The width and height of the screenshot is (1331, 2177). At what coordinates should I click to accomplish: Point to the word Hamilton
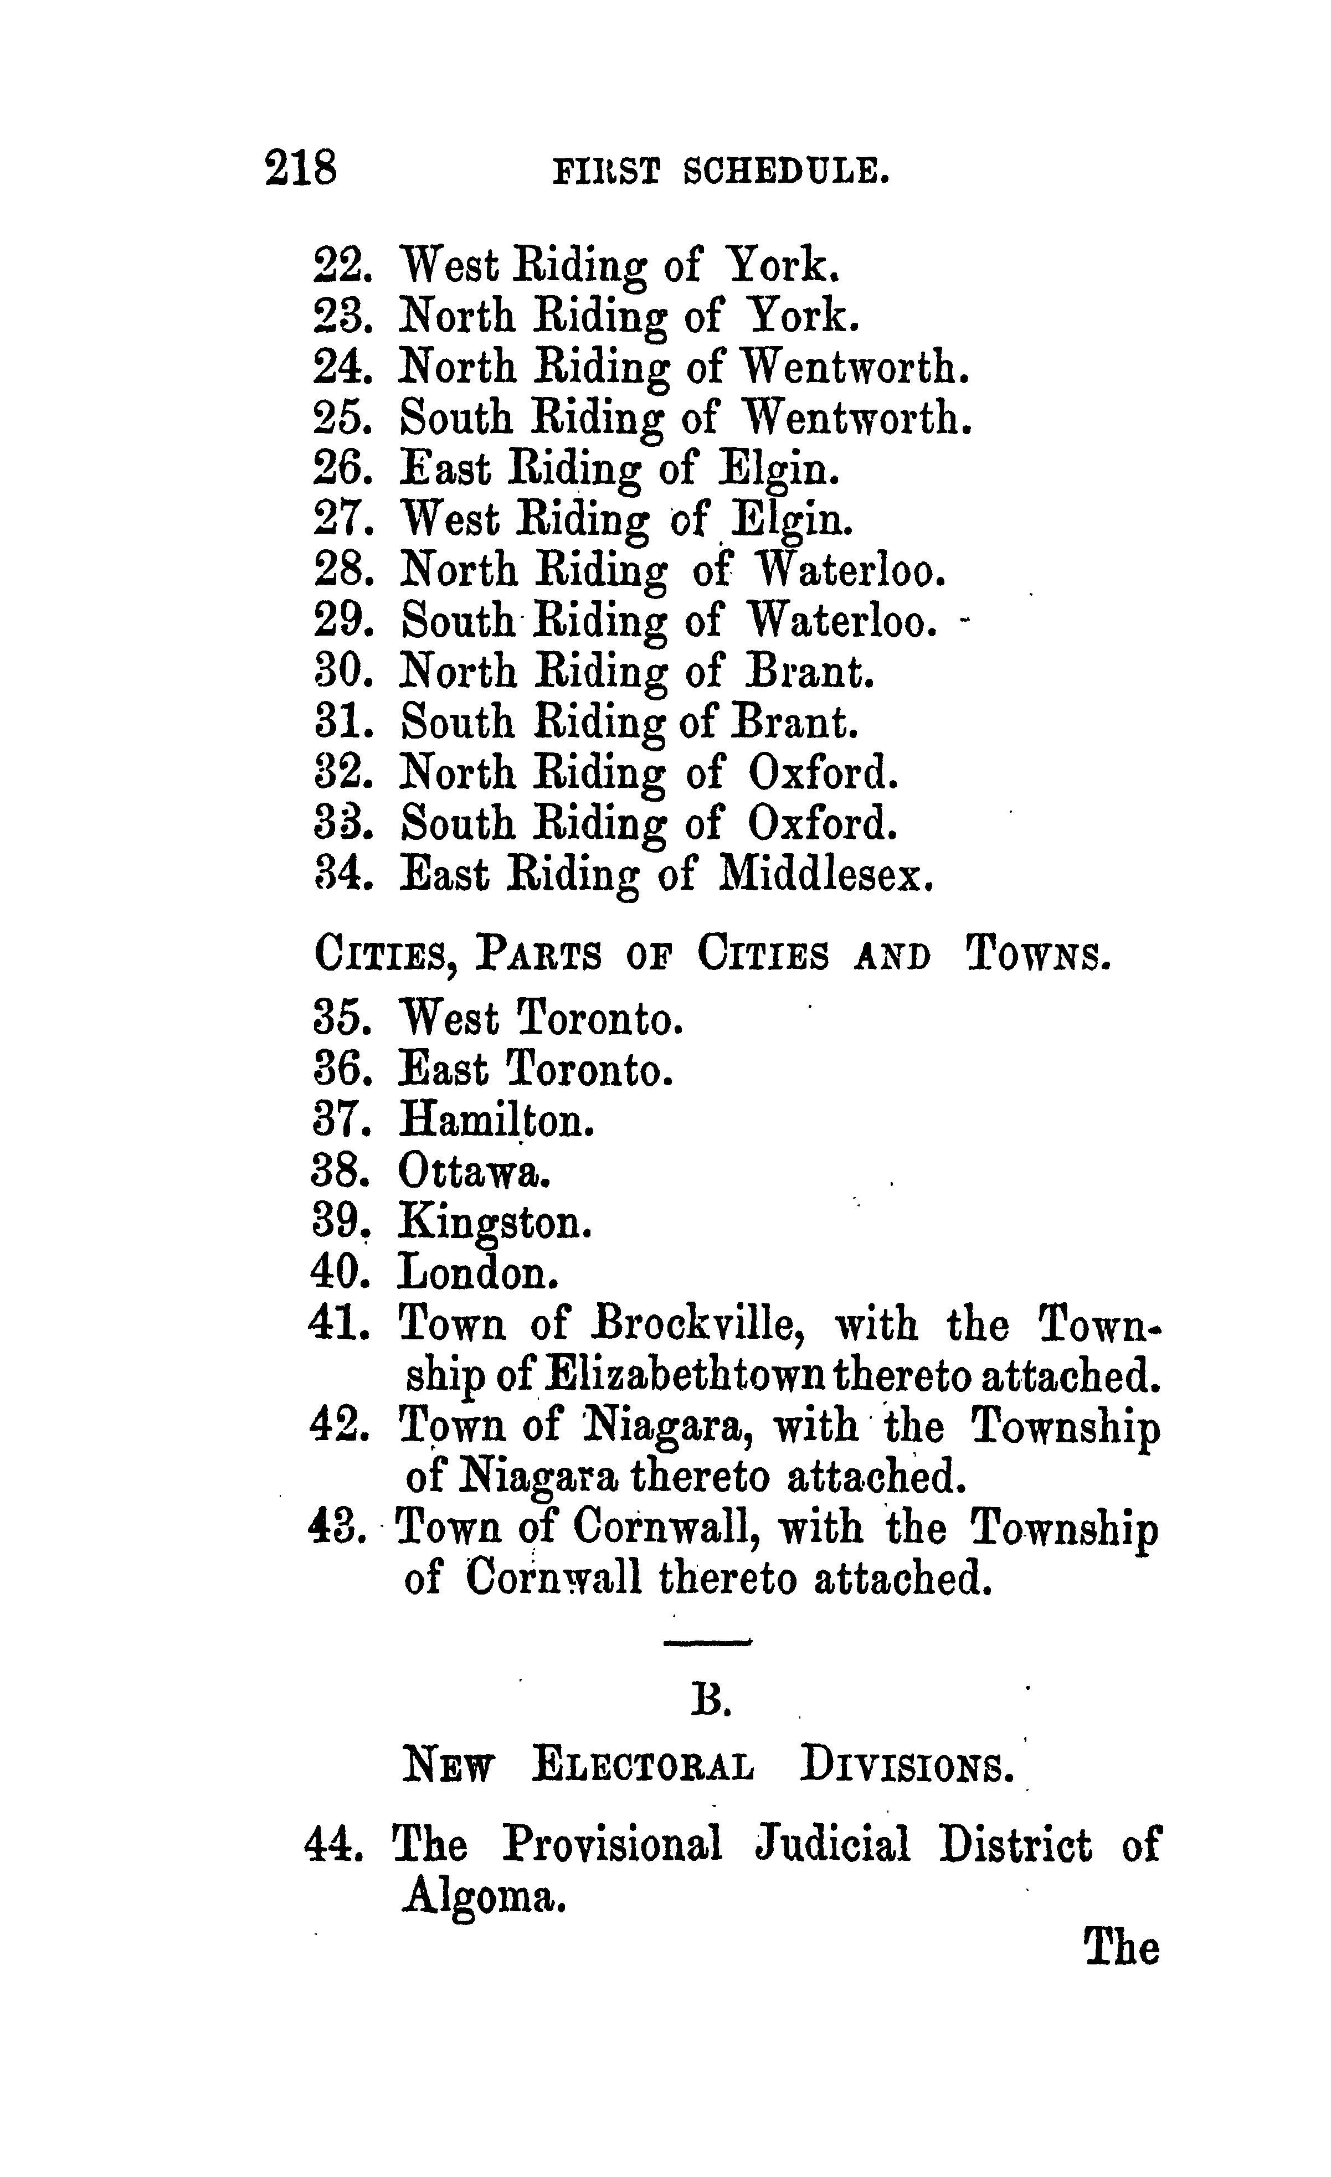coord(496,1122)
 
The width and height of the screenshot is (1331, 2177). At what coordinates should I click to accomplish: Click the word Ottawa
coord(475,1173)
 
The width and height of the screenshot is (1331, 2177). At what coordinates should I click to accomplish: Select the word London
coord(478,1274)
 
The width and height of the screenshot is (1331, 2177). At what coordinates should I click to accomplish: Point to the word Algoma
coord(482,1897)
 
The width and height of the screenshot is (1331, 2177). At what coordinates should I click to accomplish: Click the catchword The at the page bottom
coord(1121,1947)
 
